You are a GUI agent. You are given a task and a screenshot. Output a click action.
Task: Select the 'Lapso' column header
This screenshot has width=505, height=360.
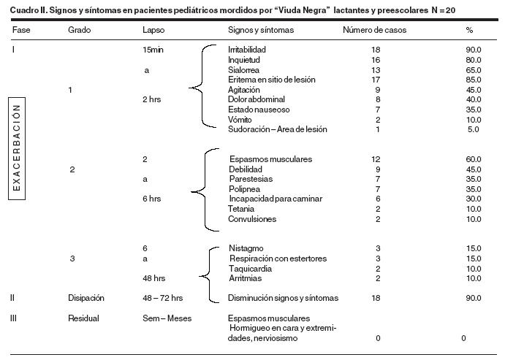152,31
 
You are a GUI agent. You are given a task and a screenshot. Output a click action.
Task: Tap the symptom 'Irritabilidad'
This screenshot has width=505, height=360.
247,49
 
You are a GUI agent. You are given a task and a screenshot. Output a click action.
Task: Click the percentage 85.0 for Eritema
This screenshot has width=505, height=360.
474,79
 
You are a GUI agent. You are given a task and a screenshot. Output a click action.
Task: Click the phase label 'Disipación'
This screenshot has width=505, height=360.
86,298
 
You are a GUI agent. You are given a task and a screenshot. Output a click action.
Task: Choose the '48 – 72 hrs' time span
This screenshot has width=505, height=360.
163,298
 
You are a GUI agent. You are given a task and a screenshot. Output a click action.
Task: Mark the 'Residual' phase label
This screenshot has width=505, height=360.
83,318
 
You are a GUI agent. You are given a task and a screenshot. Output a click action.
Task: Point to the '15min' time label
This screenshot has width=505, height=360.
154,50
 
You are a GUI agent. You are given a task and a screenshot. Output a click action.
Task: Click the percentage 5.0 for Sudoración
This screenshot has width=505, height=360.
474,129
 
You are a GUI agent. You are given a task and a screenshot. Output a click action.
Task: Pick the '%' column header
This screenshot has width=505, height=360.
469,31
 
